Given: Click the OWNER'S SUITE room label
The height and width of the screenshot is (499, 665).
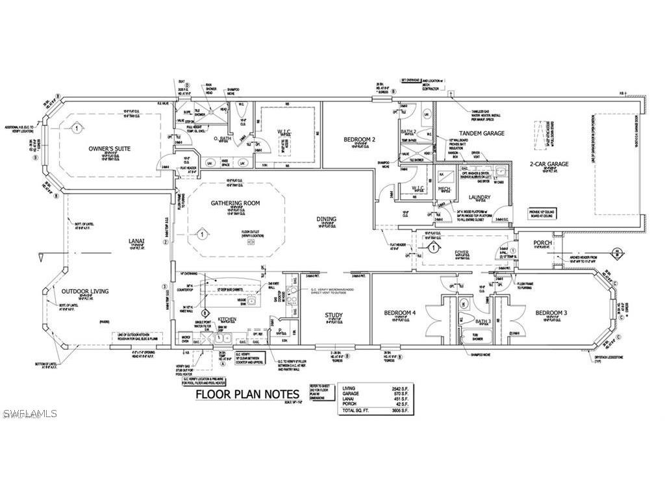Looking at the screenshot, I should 109,149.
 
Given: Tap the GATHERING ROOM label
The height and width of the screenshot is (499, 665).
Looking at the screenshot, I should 235,203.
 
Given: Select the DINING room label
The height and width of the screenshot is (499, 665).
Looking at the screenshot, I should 326,220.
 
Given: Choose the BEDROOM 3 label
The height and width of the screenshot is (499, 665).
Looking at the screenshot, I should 551,313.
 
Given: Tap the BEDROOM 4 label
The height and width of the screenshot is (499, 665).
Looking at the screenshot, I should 399,313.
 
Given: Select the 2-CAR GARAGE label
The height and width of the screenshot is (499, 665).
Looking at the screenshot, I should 549,164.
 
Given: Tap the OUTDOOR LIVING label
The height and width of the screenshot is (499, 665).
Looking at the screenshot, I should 85,291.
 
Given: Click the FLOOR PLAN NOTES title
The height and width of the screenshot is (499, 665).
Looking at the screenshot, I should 247,394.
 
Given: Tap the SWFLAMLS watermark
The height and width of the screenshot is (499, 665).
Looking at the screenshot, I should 29,413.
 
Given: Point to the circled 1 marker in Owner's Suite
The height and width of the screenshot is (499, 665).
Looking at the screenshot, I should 77,128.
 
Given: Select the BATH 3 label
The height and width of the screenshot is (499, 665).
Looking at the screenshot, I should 464,321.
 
